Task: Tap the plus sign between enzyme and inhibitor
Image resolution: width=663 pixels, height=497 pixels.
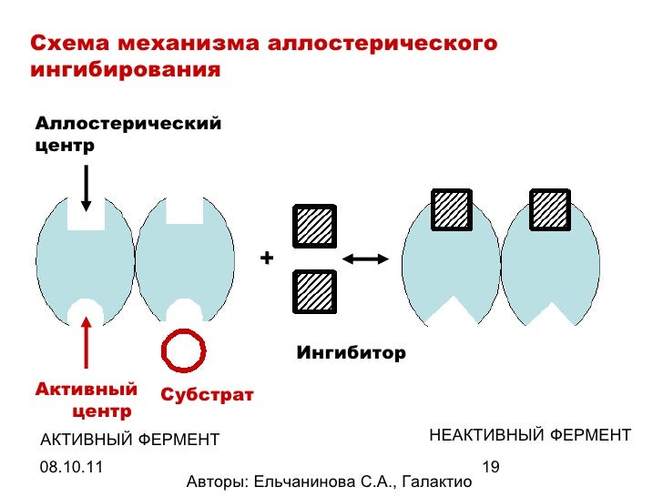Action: click(266, 259)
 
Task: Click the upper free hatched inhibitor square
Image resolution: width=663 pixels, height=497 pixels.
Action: click(314, 227)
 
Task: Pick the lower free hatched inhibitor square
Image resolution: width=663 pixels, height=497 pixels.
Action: click(314, 292)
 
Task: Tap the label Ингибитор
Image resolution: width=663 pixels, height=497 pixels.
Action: click(351, 352)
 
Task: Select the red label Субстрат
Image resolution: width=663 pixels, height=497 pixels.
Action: click(207, 394)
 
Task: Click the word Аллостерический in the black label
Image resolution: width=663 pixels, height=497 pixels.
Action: click(127, 122)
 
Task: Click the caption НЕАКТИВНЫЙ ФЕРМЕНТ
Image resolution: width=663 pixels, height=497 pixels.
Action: click(529, 435)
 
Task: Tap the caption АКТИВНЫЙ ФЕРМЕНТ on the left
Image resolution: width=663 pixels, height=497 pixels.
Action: click(129, 441)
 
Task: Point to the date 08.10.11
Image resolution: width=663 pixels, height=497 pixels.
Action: click(71, 467)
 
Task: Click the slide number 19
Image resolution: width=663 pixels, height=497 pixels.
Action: click(491, 467)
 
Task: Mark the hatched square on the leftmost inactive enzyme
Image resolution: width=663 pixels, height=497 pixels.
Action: click(450, 209)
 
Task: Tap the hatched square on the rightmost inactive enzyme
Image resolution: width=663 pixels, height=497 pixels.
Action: click(549, 209)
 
